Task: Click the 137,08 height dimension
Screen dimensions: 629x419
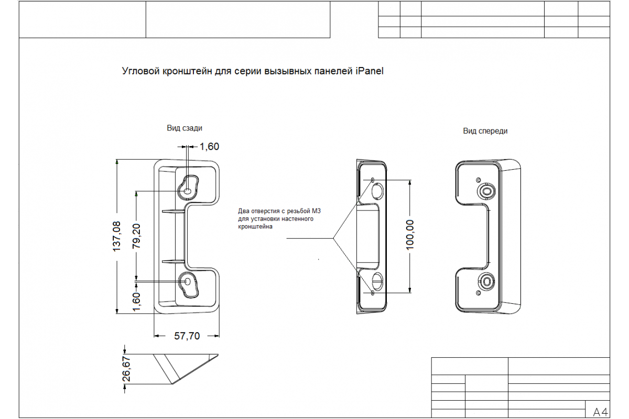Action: click(x=116, y=236)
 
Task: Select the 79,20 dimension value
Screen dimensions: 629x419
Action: click(x=136, y=236)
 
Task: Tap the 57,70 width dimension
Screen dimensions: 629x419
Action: click(x=187, y=336)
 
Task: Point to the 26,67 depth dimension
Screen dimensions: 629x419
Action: click(x=127, y=369)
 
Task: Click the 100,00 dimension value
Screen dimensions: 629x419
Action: click(x=410, y=235)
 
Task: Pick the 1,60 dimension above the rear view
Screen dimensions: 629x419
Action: click(x=209, y=147)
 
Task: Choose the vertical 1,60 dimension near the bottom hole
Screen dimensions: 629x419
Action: click(x=136, y=302)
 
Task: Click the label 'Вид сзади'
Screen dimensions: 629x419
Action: click(x=185, y=128)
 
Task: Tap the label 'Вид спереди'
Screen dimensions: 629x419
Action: click(x=485, y=131)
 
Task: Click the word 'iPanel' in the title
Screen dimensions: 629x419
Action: click(x=370, y=71)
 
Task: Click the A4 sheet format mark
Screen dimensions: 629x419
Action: click(x=600, y=412)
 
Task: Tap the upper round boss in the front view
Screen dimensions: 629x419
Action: click(x=486, y=191)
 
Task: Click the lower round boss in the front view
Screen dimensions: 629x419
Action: click(x=486, y=281)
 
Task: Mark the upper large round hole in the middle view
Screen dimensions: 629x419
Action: click(x=377, y=191)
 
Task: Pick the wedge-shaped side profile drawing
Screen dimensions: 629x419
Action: click(x=186, y=369)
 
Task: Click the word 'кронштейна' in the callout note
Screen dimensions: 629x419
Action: click(x=255, y=227)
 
